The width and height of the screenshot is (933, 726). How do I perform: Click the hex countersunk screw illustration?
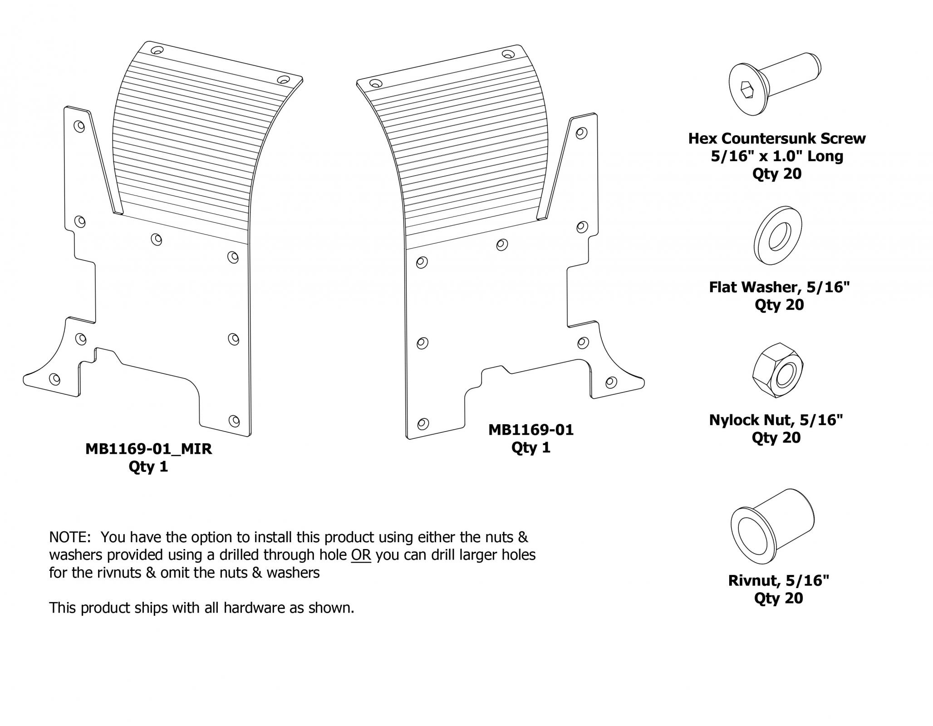[775, 87]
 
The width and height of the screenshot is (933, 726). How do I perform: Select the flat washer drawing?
[777, 236]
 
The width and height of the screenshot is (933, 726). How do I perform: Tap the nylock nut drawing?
[777, 370]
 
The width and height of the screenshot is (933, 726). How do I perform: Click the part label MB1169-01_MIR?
[148, 449]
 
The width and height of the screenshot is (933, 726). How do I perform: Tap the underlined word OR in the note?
[361, 555]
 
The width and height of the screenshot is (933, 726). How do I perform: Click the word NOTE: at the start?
[70, 537]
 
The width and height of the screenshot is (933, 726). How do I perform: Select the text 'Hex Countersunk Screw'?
[777, 138]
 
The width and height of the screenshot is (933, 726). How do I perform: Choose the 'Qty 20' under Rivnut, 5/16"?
[779, 598]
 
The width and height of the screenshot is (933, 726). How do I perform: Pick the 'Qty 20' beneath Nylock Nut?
[776, 437]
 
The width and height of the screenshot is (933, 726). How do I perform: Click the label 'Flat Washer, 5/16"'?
[779, 287]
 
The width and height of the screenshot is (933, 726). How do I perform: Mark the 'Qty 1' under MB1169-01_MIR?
[148, 466]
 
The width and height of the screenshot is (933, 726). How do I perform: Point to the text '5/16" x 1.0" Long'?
[777, 156]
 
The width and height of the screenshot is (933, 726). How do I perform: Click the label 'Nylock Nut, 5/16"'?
[776, 420]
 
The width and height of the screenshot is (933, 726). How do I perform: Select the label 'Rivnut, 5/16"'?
[779, 581]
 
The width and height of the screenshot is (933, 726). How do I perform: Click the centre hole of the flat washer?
[780, 235]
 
